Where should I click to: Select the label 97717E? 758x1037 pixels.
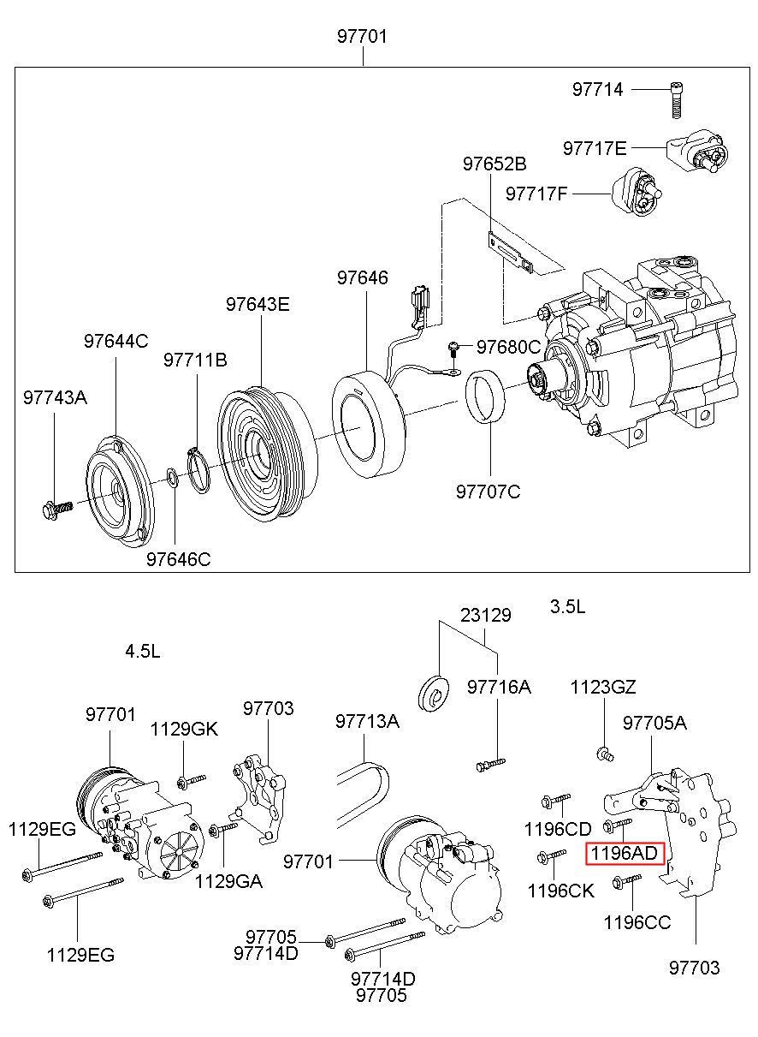[x=595, y=148]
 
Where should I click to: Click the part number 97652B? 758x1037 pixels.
[x=495, y=164]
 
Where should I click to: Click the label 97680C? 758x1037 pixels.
[x=508, y=347]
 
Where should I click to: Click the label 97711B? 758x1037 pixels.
[x=195, y=361]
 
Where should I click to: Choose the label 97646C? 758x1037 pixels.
[x=178, y=560]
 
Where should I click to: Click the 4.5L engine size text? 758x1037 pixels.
[x=142, y=651]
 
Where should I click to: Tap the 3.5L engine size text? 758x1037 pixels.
[x=567, y=607]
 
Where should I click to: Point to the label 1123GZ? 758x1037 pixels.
[x=604, y=687]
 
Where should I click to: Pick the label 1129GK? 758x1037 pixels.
[x=184, y=730]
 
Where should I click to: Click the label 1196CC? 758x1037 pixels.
[x=637, y=922]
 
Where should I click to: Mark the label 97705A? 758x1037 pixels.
[x=654, y=723]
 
